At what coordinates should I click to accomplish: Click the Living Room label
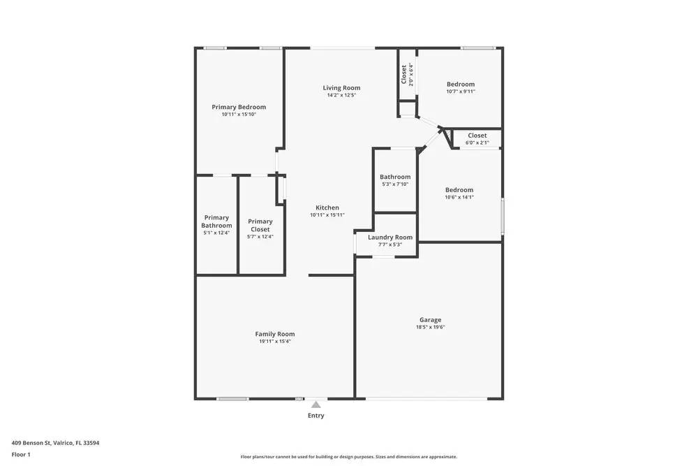(x=341, y=88)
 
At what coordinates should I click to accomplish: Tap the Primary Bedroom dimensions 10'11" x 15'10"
(x=239, y=115)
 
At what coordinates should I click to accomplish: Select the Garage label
(x=430, y=320)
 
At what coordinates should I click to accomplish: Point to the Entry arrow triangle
(x=316, y=405)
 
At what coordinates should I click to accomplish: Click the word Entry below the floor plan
(x=316, y=416)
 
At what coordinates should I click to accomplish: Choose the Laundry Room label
(x=390, y=238)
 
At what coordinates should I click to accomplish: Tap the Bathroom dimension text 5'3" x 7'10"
(x=395, y=184)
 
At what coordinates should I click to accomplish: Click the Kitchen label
(x=327, y=207)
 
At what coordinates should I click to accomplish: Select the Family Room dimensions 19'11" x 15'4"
(x=275, y=342)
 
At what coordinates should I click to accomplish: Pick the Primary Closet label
(x=260, y=225)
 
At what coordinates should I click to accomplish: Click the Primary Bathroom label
(x=216, y=221)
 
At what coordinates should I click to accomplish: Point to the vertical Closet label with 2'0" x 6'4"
(x=404, y=74)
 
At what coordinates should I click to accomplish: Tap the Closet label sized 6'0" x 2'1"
(x=477, y=136)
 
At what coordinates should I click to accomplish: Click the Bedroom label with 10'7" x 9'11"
(x=461, y=85)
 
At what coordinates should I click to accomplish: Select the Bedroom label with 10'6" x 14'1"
(x=459, y=190)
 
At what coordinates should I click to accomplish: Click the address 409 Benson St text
(x=55, y=442)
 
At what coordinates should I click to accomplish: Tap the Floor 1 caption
(x=21, y=454)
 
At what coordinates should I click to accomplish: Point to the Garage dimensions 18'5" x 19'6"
(x=430, y=327)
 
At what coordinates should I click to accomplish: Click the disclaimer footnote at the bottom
(x=349, y=456)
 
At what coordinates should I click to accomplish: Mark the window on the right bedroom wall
(x=503, y=216)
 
